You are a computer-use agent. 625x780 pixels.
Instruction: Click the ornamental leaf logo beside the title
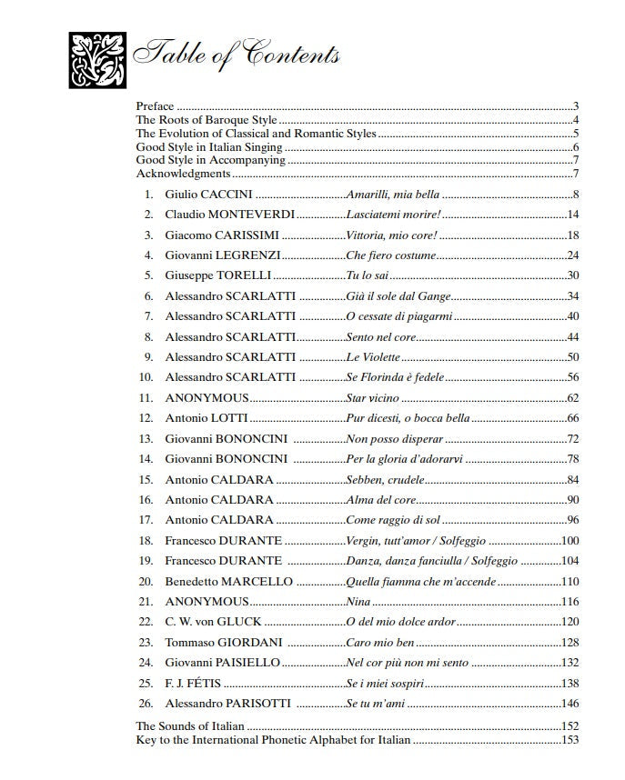click(96, 60)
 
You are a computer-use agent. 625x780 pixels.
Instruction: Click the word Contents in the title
click(287, 55)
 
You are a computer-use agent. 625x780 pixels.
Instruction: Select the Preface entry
click(155, 106)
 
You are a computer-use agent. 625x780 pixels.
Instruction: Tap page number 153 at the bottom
click(570, 740)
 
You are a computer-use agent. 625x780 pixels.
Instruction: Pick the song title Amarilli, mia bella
click(394, 195)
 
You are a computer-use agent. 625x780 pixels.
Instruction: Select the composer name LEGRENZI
click(247, 255)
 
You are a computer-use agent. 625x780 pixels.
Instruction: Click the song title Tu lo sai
click(368, 275)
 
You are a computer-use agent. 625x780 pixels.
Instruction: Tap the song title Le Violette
click(373, 357)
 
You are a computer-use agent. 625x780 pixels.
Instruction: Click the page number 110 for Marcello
click(570, 582)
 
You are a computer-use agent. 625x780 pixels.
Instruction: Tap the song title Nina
click(358, 602)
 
